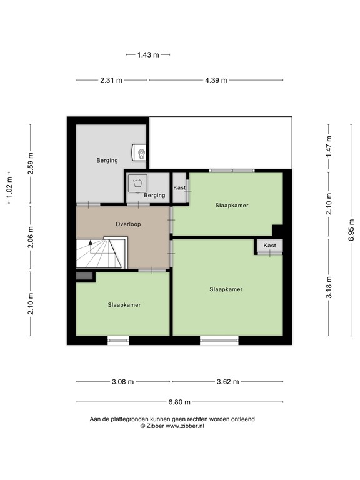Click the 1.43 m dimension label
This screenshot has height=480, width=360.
coord(147,55)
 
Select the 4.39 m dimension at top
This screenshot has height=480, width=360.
coord(216,80)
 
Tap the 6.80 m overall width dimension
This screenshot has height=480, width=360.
coord(179,402)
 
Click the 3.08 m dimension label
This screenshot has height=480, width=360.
coord(122,381)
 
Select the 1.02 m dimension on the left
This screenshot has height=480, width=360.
coord(9,187)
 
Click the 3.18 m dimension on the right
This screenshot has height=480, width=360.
coord(329,288)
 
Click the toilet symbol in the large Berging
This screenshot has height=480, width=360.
coord(140,152)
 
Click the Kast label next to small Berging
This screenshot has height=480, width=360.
coord(179,187)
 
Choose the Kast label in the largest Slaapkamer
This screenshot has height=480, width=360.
coord(269,246)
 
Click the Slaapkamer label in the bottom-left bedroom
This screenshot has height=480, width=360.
coord(123,305)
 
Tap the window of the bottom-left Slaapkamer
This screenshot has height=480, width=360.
coord(118,340)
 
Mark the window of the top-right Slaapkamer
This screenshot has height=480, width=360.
coord(231,170)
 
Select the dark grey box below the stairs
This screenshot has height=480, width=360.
coord(84,276)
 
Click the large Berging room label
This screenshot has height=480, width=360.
coord(107,160)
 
